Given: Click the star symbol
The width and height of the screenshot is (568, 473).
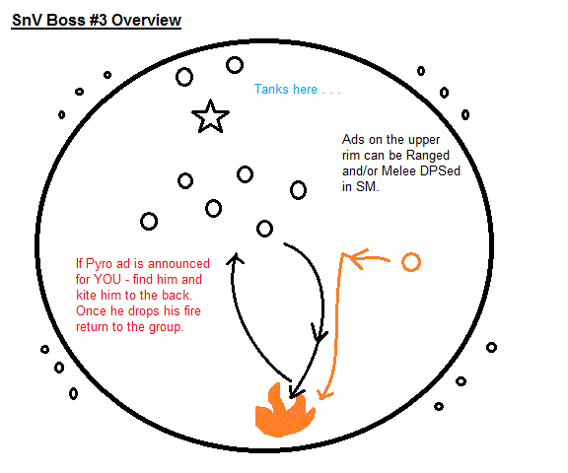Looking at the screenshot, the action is (210, 117).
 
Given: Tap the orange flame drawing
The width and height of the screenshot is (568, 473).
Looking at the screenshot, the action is (284, 413).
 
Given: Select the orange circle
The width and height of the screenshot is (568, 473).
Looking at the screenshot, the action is (411, 262).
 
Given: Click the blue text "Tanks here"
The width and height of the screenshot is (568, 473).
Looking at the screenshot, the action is (286, 89).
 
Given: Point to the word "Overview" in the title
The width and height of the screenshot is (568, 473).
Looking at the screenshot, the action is (146, 20).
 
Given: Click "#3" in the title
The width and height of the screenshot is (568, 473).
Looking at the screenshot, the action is (97, 20).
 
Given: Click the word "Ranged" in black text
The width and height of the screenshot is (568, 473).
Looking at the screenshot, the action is (427, 156).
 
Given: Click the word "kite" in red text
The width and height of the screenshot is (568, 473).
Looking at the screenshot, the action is (87, 295).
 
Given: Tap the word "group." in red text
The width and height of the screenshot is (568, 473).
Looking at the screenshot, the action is (167, 327).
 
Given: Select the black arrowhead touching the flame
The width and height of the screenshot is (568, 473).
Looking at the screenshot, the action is (295, 391).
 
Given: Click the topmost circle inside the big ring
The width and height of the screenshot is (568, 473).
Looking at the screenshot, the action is (235, 65).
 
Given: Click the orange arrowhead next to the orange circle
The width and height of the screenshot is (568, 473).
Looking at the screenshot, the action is (359, 258).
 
